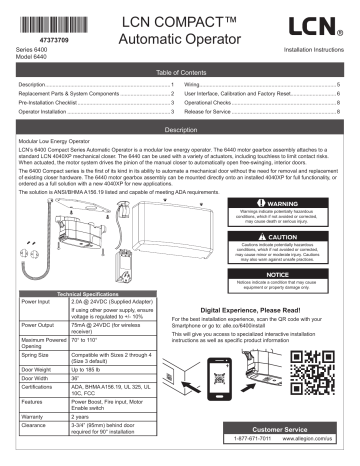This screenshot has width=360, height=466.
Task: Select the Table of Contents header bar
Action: (180, 74)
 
